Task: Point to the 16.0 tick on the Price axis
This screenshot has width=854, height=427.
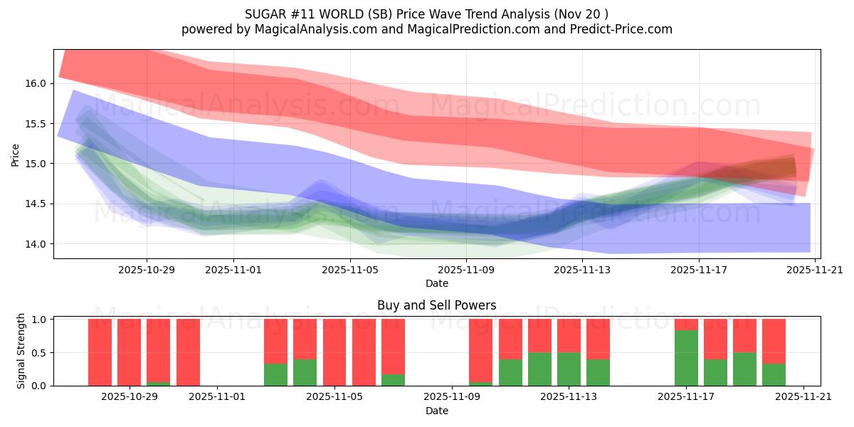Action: coord(36,83)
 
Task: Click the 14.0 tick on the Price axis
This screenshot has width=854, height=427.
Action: coord(36,244)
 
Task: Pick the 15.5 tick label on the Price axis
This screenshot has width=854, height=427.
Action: coord(36,124)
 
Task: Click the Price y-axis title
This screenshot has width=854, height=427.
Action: coord(15,154)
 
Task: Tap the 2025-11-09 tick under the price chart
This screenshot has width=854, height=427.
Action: coord(466,270)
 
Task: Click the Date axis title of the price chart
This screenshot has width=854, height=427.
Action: coord(436,283)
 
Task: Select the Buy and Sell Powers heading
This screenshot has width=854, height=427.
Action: coord(436,305)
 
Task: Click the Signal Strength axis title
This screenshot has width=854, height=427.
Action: coord(21,351)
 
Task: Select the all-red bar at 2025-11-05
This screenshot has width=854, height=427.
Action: coord(334,352)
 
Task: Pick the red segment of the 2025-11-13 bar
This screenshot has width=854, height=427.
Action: coord(569,335)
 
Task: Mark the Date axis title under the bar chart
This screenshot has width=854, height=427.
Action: coord(436,411)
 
